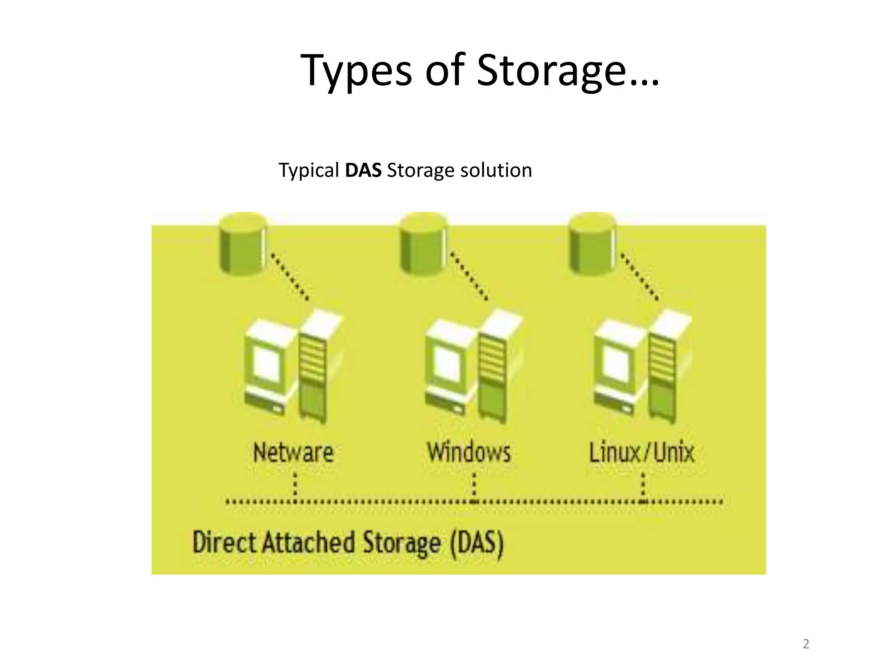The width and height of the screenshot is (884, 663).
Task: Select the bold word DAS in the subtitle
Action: (x=363, y=170)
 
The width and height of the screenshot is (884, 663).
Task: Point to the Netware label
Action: (x=294, y=452)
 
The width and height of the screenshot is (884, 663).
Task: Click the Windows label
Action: (x=469, y=452)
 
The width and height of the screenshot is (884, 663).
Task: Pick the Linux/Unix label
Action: (x=642, y=452)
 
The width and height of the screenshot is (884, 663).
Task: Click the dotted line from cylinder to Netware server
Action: (x=289, y=276)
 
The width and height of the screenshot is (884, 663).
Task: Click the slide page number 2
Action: (x=805, y=644)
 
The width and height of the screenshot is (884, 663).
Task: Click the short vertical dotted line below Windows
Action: (x=474, y=486)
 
